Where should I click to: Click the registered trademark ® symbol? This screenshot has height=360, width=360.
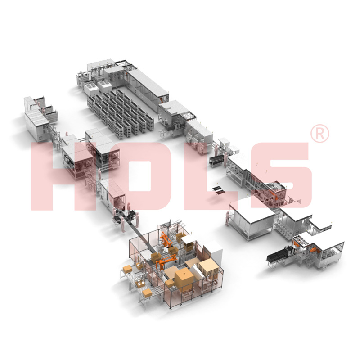(x=319, y=133)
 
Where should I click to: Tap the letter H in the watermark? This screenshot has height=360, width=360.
(x=62, y=176)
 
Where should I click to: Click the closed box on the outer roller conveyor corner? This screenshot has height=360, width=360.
(x=127, y=269)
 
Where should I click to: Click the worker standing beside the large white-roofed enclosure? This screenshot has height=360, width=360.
(x=228, y=218)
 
